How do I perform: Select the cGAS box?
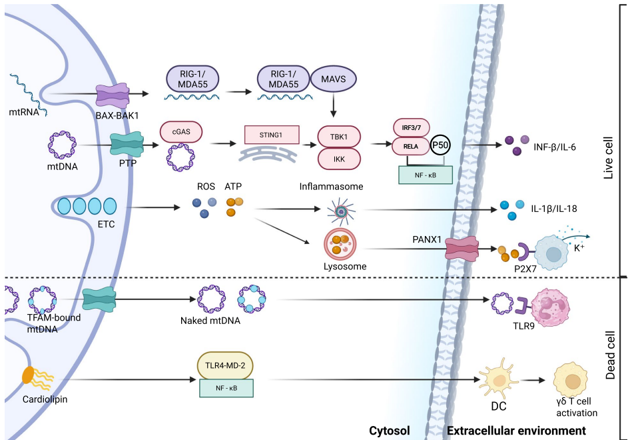point(180,132)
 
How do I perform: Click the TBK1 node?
point(339,136)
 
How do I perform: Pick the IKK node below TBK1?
point(339,159)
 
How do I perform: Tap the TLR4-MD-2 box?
point(226,366)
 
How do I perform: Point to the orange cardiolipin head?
point(29,375)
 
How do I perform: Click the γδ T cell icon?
point(572,382)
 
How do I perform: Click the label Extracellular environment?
point(516,431)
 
